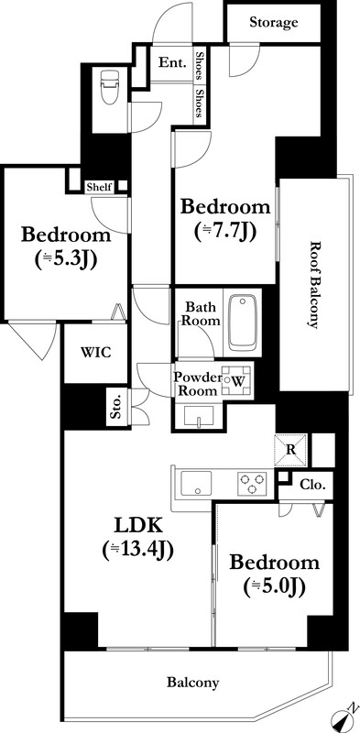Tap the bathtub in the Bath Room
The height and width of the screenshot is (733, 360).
[243, 323]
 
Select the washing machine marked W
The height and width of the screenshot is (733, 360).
[236, 381]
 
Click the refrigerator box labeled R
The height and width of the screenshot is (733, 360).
[290, 450]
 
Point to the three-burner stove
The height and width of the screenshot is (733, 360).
[253, 484]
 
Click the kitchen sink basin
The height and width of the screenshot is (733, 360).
[196, 484]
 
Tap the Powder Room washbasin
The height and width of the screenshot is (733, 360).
[200, 416]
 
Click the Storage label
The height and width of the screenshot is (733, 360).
[274, 22]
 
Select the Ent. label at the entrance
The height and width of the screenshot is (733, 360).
[172, 62]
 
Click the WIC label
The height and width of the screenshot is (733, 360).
[95, 353]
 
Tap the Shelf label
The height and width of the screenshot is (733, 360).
[100, 188]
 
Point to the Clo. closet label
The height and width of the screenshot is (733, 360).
[312, 485]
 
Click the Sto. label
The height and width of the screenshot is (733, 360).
[117, 407]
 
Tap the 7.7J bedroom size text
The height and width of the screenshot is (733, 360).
[225, 232]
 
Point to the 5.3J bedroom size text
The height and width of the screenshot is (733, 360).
[66, 260]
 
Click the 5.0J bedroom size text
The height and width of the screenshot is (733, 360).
[275, 585]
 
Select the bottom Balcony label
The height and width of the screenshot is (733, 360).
[192, 683]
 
